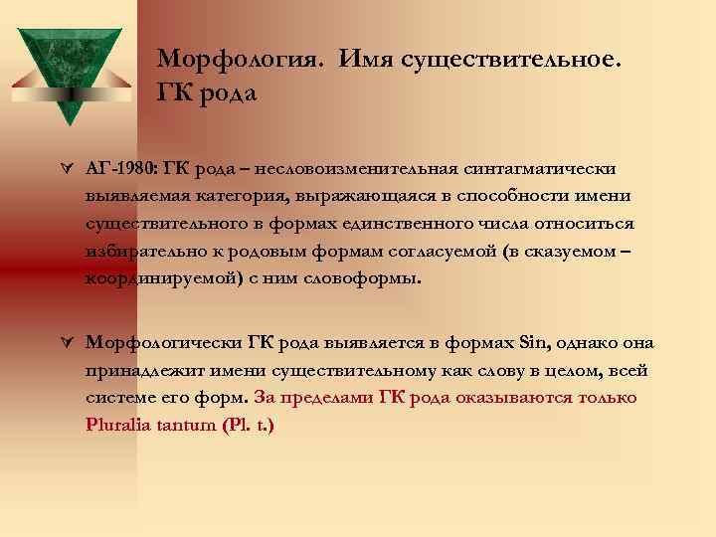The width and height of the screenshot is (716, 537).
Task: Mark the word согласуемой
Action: coord(460,251)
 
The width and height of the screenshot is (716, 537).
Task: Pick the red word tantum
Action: coord(193,426)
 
